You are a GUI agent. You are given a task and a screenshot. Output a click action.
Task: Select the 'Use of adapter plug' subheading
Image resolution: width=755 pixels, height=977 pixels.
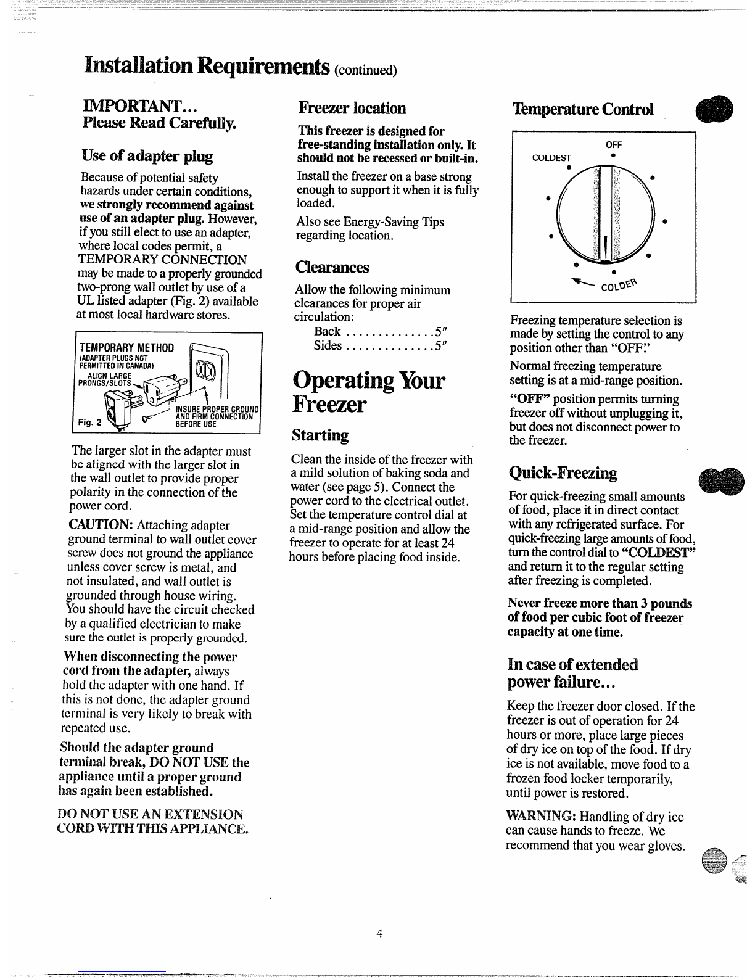click(x=147, y=155)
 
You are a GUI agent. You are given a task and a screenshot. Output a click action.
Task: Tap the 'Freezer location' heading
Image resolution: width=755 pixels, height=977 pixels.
click(x=352, y=108)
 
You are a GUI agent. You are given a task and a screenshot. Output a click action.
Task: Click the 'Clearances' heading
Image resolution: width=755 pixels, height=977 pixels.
click(x=332, y=267)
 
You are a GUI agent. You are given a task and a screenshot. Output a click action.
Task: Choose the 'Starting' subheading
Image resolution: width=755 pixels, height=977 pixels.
click(x=320, y=435)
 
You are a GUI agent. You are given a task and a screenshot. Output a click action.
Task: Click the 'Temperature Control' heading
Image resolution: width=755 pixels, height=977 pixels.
click(x=582, y=109)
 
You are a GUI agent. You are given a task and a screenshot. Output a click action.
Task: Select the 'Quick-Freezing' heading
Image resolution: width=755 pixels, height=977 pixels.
click(x=563, y=472)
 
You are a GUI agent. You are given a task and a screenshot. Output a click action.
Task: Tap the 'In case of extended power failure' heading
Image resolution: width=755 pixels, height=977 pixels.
click(x=572, y=674)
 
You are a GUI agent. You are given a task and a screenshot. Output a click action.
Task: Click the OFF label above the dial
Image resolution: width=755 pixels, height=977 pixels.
click(x=614, y=144)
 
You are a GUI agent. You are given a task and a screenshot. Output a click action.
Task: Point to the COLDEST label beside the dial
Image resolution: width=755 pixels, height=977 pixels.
click(x=552, y=157)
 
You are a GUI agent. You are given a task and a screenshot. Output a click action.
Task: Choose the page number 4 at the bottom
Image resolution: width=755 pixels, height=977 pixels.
click(x=379, y=933)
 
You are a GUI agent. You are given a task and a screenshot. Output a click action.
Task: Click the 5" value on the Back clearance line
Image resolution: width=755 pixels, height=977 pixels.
click(x=440, y=332)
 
